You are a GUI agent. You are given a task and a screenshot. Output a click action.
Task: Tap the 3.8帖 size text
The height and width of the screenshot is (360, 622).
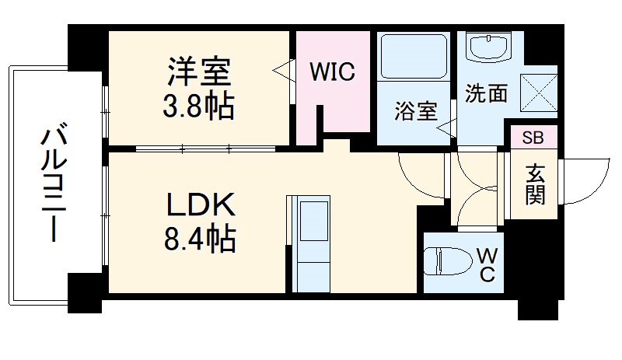pyautogui.click(x=197, y=107)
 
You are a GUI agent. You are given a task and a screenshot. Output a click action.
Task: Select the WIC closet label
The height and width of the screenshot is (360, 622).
pyautogui.click(x=332, y=72)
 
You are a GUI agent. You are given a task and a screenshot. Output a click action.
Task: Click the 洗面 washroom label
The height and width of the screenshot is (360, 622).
pyautogui.click(x=486, y=93)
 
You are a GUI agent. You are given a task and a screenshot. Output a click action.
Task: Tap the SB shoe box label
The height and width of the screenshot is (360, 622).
pyautogui.click(x=533, y=138)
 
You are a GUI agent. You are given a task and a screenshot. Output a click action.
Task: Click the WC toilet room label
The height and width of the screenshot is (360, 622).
pyautogui.click(x=486, y=264)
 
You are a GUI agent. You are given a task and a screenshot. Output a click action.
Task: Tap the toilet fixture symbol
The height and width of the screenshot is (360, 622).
pyautogui.click(x=451, y=262)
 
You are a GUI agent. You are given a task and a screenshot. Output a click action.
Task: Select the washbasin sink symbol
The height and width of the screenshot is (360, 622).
pyautogui.click(x=487, y=48)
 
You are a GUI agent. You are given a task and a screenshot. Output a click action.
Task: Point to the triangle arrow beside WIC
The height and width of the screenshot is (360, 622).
pyautogui.click(x=281, y=72)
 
